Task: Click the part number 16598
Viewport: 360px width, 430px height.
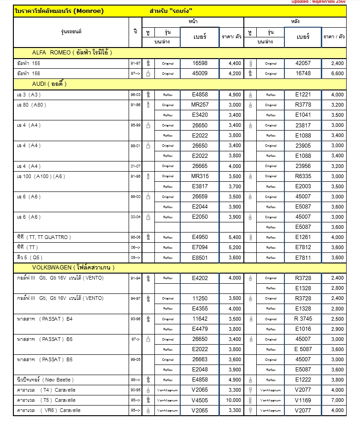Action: coord(200,64)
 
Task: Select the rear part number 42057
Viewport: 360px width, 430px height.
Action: coord(303,64)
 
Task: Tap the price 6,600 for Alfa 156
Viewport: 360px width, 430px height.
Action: coord(337,74)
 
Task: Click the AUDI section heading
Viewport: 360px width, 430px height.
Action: coord(49,84)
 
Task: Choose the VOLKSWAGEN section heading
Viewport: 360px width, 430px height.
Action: coord(73,268)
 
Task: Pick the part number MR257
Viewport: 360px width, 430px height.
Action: coord(200,105)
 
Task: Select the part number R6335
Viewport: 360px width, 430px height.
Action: coord(303,176)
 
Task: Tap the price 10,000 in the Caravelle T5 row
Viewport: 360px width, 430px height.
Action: coord(234,400)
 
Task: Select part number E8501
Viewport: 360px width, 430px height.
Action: coord(200,257)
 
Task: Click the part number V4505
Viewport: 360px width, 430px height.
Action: coord(200,400)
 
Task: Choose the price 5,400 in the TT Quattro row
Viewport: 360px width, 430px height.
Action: coord(234,237)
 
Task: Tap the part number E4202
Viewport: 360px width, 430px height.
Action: coord(200,278)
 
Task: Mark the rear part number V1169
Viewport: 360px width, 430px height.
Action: coord(303,400)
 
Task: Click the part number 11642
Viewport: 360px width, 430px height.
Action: coord(200,319)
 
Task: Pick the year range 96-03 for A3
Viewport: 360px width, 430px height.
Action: coord(136,95)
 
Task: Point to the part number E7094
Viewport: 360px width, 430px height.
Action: coord(200,247)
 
